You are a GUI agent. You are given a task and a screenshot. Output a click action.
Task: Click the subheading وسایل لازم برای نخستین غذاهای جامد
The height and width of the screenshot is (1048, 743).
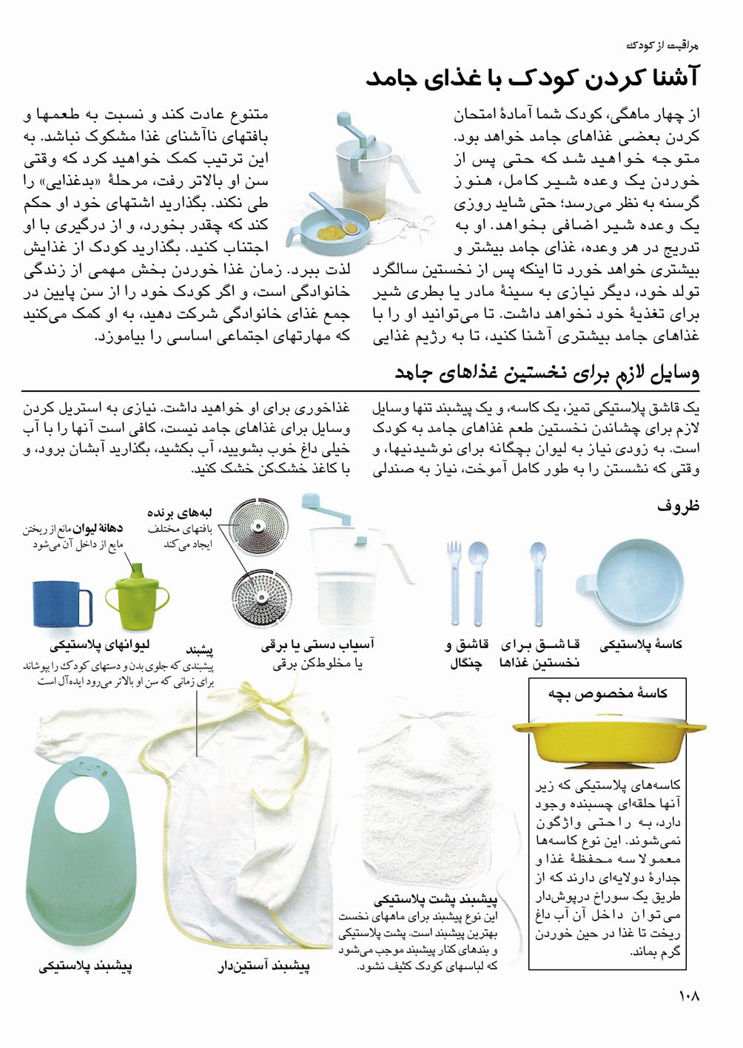tap(547, 372)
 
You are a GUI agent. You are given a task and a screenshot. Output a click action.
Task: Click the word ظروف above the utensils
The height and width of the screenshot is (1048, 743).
tap(679, 506)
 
